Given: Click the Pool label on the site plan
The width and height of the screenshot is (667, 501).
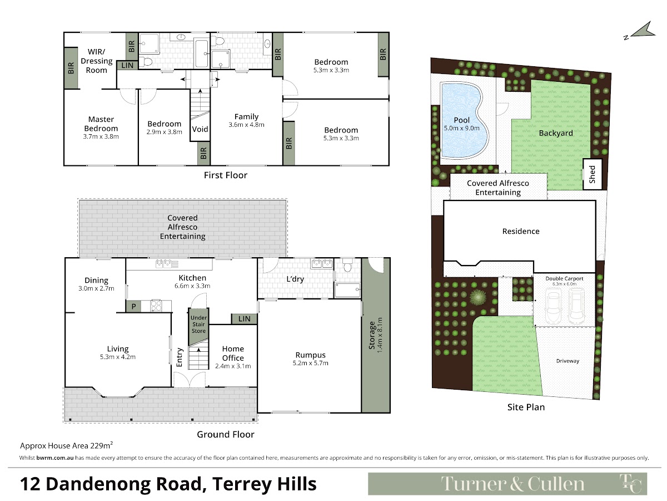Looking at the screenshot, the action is [x=461, y=120].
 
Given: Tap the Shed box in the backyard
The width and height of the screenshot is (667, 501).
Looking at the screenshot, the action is [x=593, y=174].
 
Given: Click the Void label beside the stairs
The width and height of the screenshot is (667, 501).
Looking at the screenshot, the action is [x=200, y=129].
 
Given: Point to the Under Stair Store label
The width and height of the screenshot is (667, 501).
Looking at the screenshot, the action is [x=199, y=325].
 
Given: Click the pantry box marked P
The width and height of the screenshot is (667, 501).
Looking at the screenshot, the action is [x=133, y=306].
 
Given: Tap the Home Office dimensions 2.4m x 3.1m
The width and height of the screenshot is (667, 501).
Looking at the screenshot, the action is [x=233, y=366].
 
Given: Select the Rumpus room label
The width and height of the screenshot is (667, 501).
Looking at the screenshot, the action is [x=311, y=355].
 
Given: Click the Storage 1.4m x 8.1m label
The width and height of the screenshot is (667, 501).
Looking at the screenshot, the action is [x=376, y=335].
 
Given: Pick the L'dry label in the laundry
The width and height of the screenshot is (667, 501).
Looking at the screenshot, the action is [x=295, y=279].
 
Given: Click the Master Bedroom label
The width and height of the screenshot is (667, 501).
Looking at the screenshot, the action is [x=101, y=124].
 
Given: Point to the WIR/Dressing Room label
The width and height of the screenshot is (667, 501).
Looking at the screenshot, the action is [x=97, y=61].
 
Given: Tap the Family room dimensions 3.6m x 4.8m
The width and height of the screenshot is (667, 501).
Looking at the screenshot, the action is [x=246, y=125].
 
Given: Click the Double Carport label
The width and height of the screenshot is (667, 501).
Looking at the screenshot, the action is [x=564, y=278].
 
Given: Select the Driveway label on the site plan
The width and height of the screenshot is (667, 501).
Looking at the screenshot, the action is [x=568, y=361].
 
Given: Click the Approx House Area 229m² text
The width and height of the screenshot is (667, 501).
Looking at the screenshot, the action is [x=67, y=445].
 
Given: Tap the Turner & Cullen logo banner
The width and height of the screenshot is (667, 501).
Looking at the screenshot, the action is [x=507, y=484].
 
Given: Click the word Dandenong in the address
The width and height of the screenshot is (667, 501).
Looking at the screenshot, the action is [x=124, y=484].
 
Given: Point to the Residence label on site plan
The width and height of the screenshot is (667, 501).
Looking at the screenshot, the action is [x=521, y=231].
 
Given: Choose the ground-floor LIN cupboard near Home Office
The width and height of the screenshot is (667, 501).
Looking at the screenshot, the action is [x=245, y=319].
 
